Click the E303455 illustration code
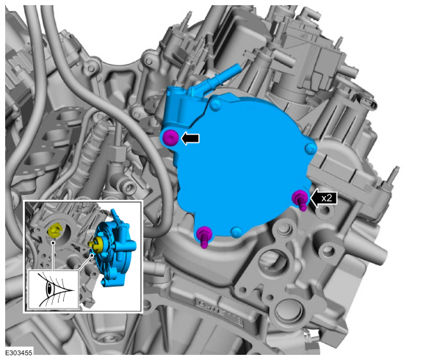coord(19,353)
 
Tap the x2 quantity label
coord(327,198)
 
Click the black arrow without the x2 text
coord(190,138)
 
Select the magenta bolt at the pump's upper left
coord(171,137)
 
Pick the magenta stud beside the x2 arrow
coord(300,199)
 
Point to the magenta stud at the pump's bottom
coord(204,237)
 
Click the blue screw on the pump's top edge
coord(216,105)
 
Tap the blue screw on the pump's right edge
coord(311,148)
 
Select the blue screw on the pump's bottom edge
coord(237,232)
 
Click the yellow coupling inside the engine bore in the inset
coord(54,231)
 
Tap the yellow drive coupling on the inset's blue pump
coord(96,244)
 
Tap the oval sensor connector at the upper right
coord(367,103)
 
